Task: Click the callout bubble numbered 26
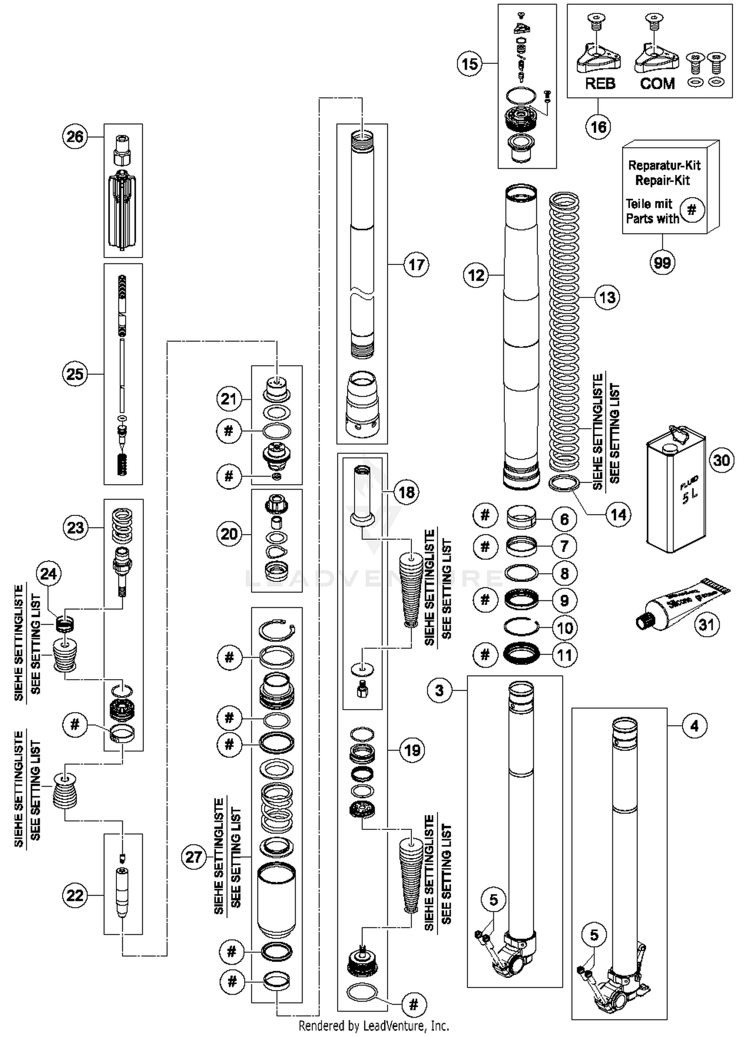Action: point(75,136)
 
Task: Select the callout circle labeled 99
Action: point(662,262)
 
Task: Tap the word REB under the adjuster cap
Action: point(600,83)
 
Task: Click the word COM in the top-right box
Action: point(657,83)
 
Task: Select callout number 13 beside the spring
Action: point(607,297)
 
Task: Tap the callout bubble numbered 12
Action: point(476,275)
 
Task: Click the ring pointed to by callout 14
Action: point(564,483)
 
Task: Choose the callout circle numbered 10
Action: point(564,627)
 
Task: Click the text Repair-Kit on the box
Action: point(662,180)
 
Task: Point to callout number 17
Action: point(416,264)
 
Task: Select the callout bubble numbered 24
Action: point(48,574)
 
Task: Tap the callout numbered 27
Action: point(193,857)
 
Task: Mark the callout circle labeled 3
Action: point(439,690)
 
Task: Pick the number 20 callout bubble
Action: point(229,534)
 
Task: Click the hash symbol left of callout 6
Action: point(485,515)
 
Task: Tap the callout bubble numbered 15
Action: point(469,64)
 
